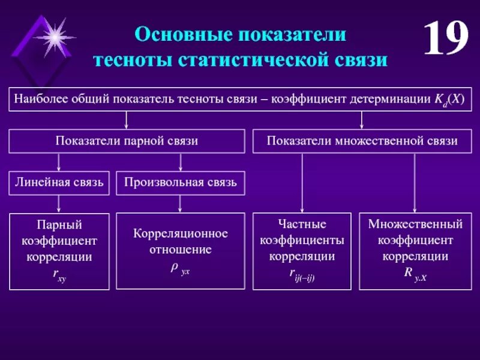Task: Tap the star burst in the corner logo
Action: click(x=54, y=38)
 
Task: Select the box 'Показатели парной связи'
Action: click(x=127, y=141)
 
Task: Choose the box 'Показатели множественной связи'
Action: click(x=362, y=141)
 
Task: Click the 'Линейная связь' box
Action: click(x=59, y=182)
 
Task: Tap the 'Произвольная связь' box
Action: click(x=180, y=182)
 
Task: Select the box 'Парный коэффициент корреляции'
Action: click(x=59, y=251)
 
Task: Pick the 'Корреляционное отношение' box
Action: click(x=180, y=251)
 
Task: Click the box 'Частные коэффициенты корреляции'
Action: click(x=302, y=251)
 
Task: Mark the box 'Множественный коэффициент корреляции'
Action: click(x=415, y=251)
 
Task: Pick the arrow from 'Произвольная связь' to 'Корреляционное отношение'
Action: click(x=180, y=204)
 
